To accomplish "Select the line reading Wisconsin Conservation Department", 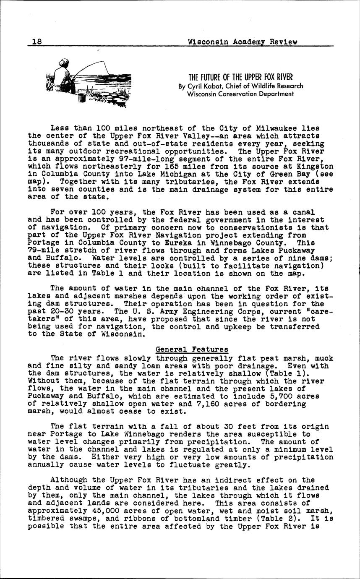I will pyautogui.click(x=240, y=94).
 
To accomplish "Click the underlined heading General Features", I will pyautogui.click(x=192, y=349).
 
